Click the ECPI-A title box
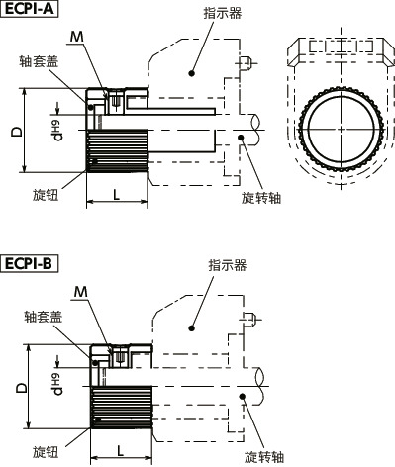pyautogui.click(x=31, y=11)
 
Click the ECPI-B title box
pyautogui.click(x=31, y=264)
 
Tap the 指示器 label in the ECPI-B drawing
pyautogui.click(x=227, y=265)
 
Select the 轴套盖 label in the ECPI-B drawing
pyautogui.click(x=45, y=318)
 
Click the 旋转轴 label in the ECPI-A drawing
pyautogui.click(x=261, y=197)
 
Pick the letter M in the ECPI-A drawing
pyautogui.click(x=77, y=37)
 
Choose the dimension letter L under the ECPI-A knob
pyautogui.click(x=117, y=194)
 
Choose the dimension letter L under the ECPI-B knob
pyautogui.click(x=120, y=449)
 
